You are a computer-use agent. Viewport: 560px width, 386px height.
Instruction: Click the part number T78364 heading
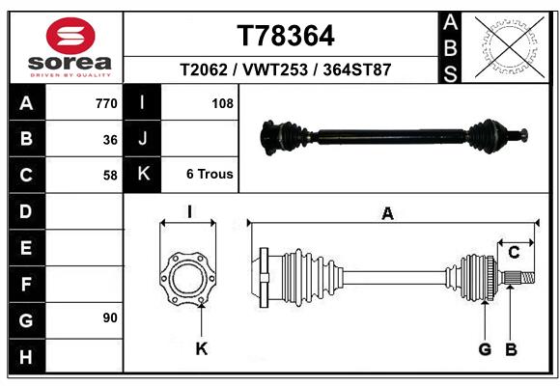(286, 36)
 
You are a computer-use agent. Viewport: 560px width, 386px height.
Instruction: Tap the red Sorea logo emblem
(70, 37)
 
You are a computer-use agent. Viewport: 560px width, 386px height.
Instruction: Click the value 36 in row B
(110, 139)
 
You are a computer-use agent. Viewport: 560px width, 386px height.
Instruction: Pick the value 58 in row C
(110, 176)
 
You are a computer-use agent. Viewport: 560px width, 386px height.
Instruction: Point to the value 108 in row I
(222, 102)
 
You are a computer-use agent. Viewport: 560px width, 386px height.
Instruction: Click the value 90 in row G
(110, 317)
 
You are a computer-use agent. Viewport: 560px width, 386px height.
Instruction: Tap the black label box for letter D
(26, 210)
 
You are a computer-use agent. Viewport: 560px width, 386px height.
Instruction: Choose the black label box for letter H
(26, 356)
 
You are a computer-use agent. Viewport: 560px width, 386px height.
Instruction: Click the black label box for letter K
(143, 175)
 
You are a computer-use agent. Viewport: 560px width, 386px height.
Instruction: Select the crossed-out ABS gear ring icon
(510, 45)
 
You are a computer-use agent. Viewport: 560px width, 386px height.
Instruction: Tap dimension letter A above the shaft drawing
(388, 214)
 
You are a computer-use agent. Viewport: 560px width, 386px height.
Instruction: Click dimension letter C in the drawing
(515, 252)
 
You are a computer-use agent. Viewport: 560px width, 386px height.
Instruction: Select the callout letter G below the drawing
(485, 348)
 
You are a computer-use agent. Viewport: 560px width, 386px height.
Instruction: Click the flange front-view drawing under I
(187, 277)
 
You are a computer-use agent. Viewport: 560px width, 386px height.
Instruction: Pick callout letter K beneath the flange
(201, 348)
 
